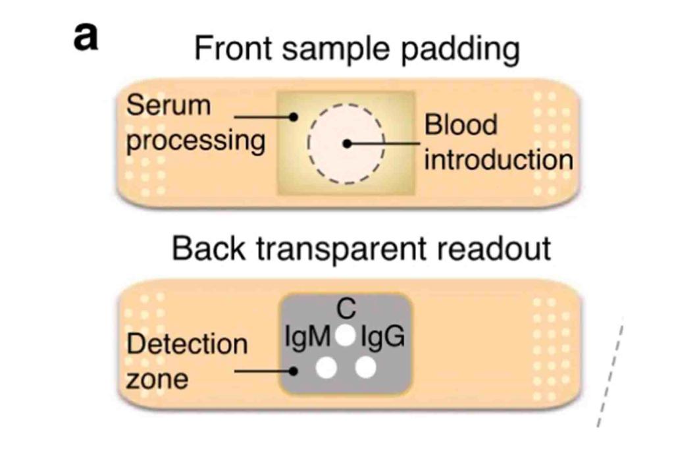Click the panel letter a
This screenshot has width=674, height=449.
coord(86,38)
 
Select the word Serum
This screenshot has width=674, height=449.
coord(168,105)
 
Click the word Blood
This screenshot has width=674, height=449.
coord(461,124)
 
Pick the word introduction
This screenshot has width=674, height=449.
coord(498,159)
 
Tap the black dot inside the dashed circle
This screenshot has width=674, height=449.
coord(344,143)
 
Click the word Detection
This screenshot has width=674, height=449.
coord(187,344)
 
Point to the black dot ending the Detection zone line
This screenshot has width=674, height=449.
coord(296,371)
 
